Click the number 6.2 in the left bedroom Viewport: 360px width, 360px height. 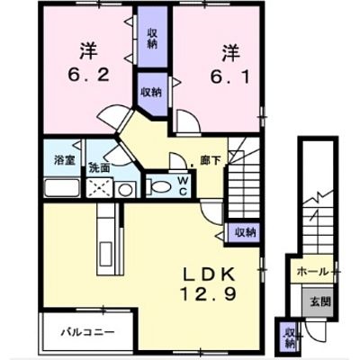click(x=88, y=76)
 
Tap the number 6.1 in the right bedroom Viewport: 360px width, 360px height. click(x=229, y=77)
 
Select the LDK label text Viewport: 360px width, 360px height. click(x=209, y=274)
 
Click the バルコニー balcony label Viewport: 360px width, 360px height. click(x=88, y=332)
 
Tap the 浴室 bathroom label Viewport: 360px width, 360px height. click(x=65, y=160)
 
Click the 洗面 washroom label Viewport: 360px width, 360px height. click(x=99, y=168)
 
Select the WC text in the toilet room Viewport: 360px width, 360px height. click(x=184, y=185)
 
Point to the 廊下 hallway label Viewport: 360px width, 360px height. click(x=210, y=161)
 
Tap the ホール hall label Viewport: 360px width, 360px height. click(x=312, y=272)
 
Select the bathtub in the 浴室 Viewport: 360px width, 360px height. click(x=62, y=188)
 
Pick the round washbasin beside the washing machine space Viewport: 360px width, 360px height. click(x=125, y=189)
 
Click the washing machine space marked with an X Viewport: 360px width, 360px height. click(x=100, y=188)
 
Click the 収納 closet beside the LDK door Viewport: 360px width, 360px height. click(x=244, y=232)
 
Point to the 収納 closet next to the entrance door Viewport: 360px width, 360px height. click(x=289, y=338)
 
